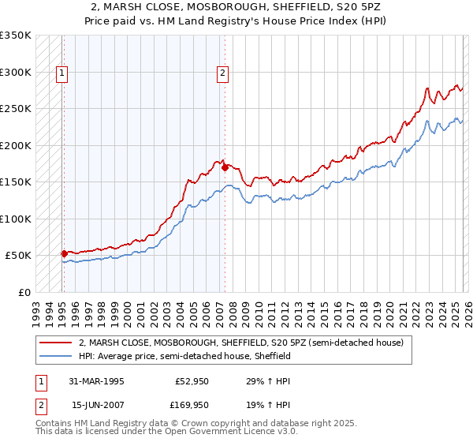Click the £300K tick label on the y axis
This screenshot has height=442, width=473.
tap(16, 72)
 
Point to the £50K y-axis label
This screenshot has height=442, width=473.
tap(18, 256)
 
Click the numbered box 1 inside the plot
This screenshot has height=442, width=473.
tap(61, 73)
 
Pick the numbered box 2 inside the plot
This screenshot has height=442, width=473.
tap(223, 73)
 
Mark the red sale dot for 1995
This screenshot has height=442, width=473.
tap(65, 253)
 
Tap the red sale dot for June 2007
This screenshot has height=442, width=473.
tap(225, 167)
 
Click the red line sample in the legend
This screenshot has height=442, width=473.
tap(55, 343)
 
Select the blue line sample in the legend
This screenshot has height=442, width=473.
tap(55, 357)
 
